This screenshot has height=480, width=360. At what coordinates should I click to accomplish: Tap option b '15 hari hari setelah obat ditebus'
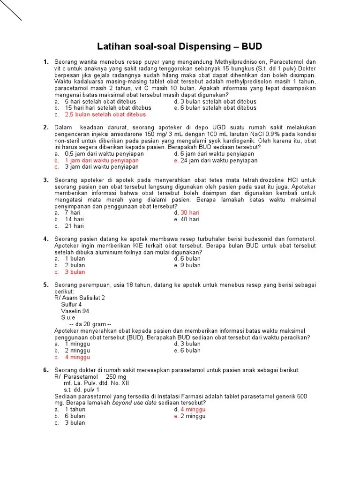(x=108, y=108)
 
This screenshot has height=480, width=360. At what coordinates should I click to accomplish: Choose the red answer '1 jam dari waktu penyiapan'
(x=102, y=160)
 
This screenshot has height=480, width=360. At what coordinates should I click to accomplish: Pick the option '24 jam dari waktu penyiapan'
(x=219, y=160)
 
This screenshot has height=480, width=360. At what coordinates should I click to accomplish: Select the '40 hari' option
(x=190, y=219)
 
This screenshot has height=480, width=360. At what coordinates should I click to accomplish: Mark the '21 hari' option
(x=74, y=226)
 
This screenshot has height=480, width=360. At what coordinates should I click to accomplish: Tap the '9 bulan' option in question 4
(x=190, y=265)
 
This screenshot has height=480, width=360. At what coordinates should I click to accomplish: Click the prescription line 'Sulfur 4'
(x=71, y=304)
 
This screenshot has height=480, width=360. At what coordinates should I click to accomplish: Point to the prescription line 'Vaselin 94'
(x=75, y=311)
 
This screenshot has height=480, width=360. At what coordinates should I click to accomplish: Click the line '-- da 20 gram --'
(x=90, y=324)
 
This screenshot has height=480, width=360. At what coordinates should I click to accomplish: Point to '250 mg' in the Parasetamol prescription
(x=117, y=376)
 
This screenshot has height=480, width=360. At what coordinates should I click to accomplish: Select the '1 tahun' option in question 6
(x=75, y=409)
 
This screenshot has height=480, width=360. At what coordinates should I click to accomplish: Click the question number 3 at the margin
(x=46, y=180)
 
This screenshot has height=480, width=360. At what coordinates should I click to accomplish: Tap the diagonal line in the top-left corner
(x=11, y=10)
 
